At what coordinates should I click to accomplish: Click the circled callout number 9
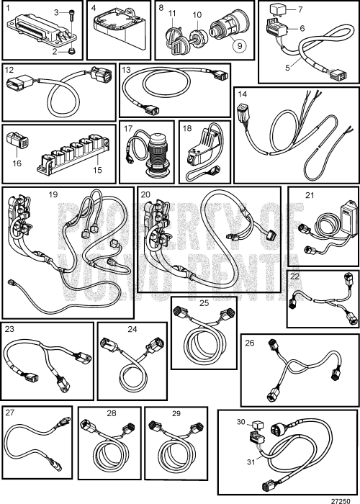(x=240, y=45)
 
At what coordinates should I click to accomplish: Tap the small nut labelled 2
(x=71, y=51)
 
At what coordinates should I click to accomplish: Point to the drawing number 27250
(x=341, y=501)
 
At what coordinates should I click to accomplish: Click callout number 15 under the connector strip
(x=97, y=169)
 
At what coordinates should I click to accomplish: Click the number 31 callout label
(x=251, y=462)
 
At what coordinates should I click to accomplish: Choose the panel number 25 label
(x=204, y=303)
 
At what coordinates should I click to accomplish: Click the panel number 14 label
(x=243, y=94)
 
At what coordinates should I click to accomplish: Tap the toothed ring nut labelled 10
(x=197, y=36)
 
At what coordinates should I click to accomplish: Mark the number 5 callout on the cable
(x=288, y=68)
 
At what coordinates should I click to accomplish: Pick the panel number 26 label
(x=250, y=343)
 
